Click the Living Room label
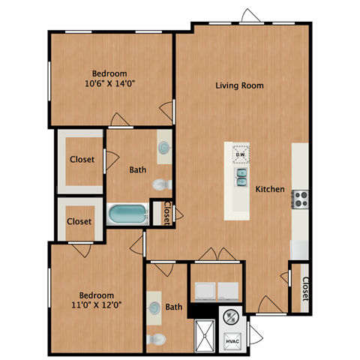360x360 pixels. [239, 85]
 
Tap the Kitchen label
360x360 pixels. [269, 190]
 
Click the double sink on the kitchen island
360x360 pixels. [241, 177]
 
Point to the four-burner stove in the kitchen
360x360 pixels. [300, 199]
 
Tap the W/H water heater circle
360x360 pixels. [231, 316]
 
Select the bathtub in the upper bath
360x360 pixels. [129, 214]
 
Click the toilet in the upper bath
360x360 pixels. [161, 184]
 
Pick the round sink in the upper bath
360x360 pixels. [163, 148]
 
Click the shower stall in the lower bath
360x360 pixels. [203, 334]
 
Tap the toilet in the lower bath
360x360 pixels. [156, 340]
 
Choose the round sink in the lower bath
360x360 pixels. [154, 307]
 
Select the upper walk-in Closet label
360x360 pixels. [82, 160]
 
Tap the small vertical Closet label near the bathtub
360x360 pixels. [166, 213]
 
